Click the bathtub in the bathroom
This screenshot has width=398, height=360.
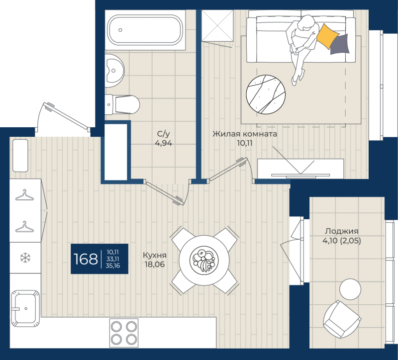(145, 30)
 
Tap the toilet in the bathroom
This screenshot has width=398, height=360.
(122, 104)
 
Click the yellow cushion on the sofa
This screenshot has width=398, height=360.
(327, 36)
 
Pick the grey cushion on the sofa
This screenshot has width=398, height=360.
(340, 44)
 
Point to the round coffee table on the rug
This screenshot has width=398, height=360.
(266, 94)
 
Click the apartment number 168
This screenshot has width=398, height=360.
(86, 259)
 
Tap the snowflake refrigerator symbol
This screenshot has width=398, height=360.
(25, 258)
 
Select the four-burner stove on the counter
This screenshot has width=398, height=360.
(124, 333)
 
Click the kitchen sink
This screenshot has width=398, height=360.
(25, 308)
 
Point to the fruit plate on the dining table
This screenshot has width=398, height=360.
(204, 260)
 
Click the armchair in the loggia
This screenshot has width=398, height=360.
(342, 319)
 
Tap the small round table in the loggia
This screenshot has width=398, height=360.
(350, 289)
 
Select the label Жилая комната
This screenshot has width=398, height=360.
(245, 134)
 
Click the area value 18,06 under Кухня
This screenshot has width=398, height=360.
(155, 265)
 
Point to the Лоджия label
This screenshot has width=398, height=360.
(342, 231)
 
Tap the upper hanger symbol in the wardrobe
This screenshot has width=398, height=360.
(24, 195)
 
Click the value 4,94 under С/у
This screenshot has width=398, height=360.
(164, 143)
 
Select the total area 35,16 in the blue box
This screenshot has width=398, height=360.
(113, 266)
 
